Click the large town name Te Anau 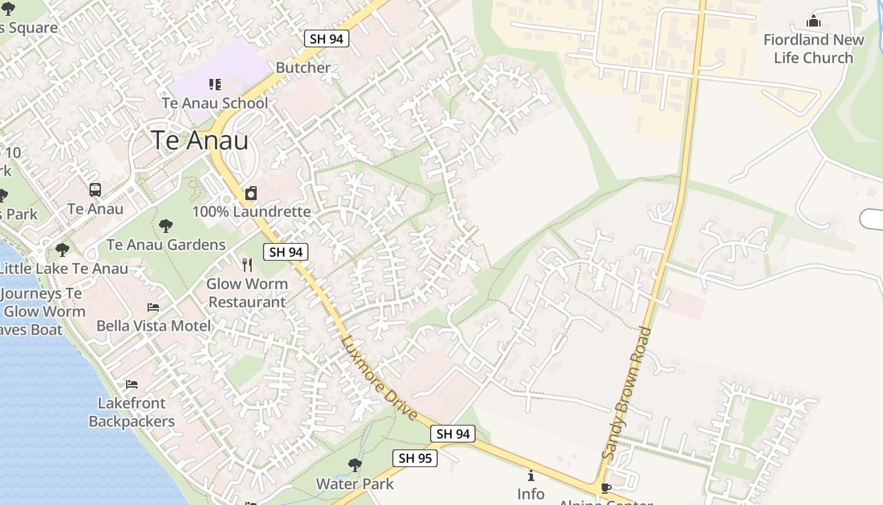point(199,140)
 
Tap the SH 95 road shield point(415,458)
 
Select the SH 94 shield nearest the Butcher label point(327,39)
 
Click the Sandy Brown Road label point(626,393)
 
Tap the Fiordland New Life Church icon point(813,21)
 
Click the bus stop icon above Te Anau point(95,189)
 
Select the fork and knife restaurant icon point(247,265)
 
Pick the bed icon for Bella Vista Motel point(153,307)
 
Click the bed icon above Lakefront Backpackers point(131,384)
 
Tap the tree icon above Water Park point(354,465)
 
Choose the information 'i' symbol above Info point(530,475)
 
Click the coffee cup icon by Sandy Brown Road point(605,487)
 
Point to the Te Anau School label point(215,103)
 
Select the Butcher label point(303,68)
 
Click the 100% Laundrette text point(252,211)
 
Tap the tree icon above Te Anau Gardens point(166,225)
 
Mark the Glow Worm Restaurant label point(247,293)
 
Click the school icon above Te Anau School point(215,84)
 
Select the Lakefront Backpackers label point(132,412)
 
